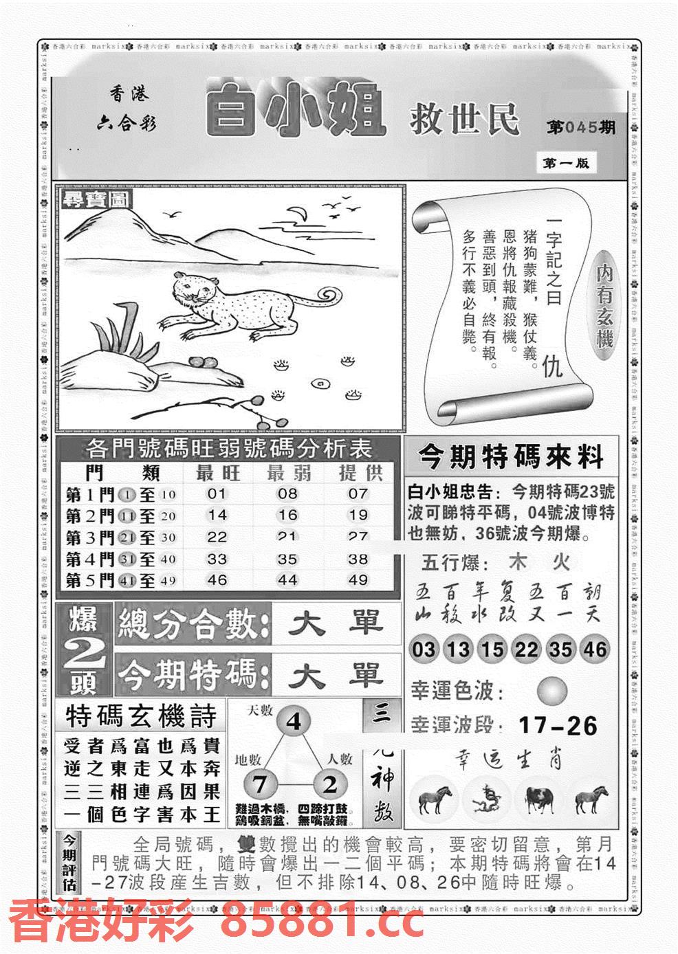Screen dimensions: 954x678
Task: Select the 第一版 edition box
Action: pyautogui.click(x=565, y=163)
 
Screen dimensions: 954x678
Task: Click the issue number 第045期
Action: pyautogui.click(x=581, y=128)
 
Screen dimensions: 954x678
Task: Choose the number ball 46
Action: pyautogui.click(x=595, y=649)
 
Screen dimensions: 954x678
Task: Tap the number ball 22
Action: pyautogui.click(x=527, y=649)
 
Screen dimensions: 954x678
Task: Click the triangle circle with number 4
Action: pyautogui.click(x=294, y=722)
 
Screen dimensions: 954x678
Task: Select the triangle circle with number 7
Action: pyautogui.click(x=259, y=784)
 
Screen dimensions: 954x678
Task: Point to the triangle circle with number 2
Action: pyautogui.click(x=330, y=784)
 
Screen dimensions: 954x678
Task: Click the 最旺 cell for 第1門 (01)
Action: pyautogui.click(x=217, y=493)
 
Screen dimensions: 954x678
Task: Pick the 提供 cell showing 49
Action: pyautogui.click(x=358, y=579)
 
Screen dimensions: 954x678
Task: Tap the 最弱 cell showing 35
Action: pyautogui.click(x=287, y=559)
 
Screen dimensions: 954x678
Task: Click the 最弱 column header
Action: pyautogui.click(x=288, y=473)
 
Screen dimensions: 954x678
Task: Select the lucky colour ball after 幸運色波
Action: pyautogui.click(x=552, y=691)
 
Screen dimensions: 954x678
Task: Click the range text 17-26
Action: pyautogui.click(x=558, y=725)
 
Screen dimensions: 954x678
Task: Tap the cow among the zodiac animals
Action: pyautogui.click(x=539, y=798)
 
